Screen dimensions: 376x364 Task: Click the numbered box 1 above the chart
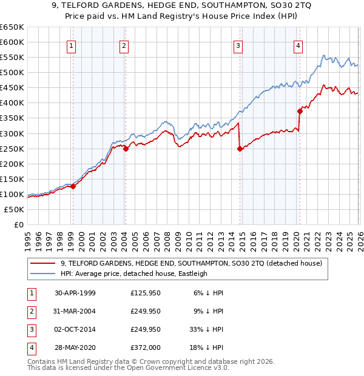click(x=72, y=45)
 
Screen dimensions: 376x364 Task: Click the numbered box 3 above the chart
click(x=238, y=45)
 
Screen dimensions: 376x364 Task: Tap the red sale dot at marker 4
click(x=300, y=111)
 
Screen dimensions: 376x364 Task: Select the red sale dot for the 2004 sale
click(x=126, y=149)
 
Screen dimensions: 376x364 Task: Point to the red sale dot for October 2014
click(x=240, y=149)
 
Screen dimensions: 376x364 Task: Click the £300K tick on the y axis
click(x=12, y=133)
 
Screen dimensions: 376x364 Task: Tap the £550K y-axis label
click(x=12, y=58)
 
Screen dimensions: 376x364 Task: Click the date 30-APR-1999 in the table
click(x=75, y=293)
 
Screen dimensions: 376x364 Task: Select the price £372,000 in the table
click(x=146, y=347)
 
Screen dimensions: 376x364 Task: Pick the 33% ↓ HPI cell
click(x=206, y=329)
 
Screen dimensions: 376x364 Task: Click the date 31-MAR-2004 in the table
click(x=75, y=311)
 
